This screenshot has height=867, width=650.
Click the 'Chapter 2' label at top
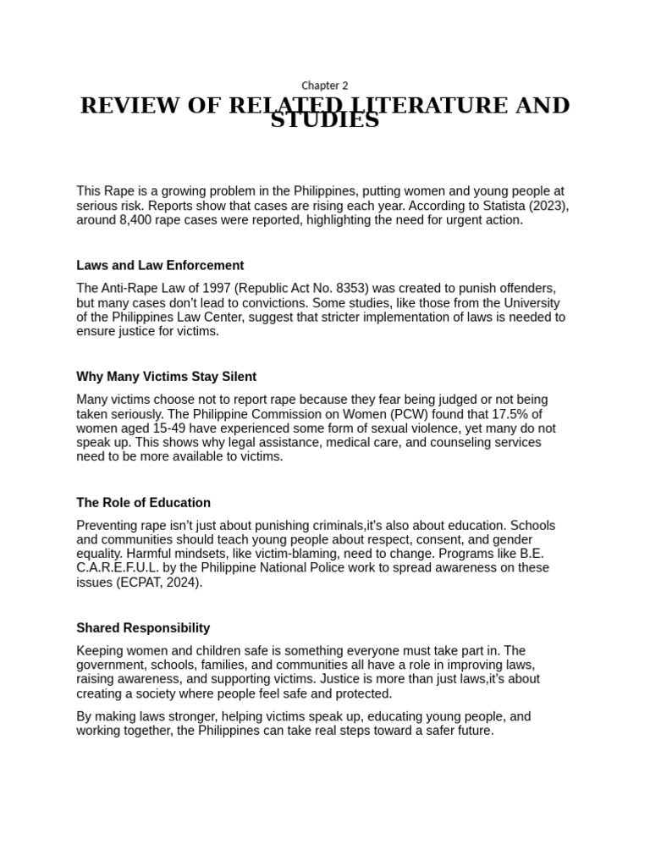[x=325, y=86]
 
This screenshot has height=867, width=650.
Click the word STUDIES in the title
[x=325, y=121]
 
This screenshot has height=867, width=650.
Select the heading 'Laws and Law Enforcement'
[x=160, y=265]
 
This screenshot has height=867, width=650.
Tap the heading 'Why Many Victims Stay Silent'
[x=166, y=376]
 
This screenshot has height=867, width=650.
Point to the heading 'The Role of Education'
[x=143, y=502]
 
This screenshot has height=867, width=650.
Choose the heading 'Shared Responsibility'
[x=143, y=628]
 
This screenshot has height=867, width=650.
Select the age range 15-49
[x=170, y=428]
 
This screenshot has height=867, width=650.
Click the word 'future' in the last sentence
[x=471, y=730]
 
